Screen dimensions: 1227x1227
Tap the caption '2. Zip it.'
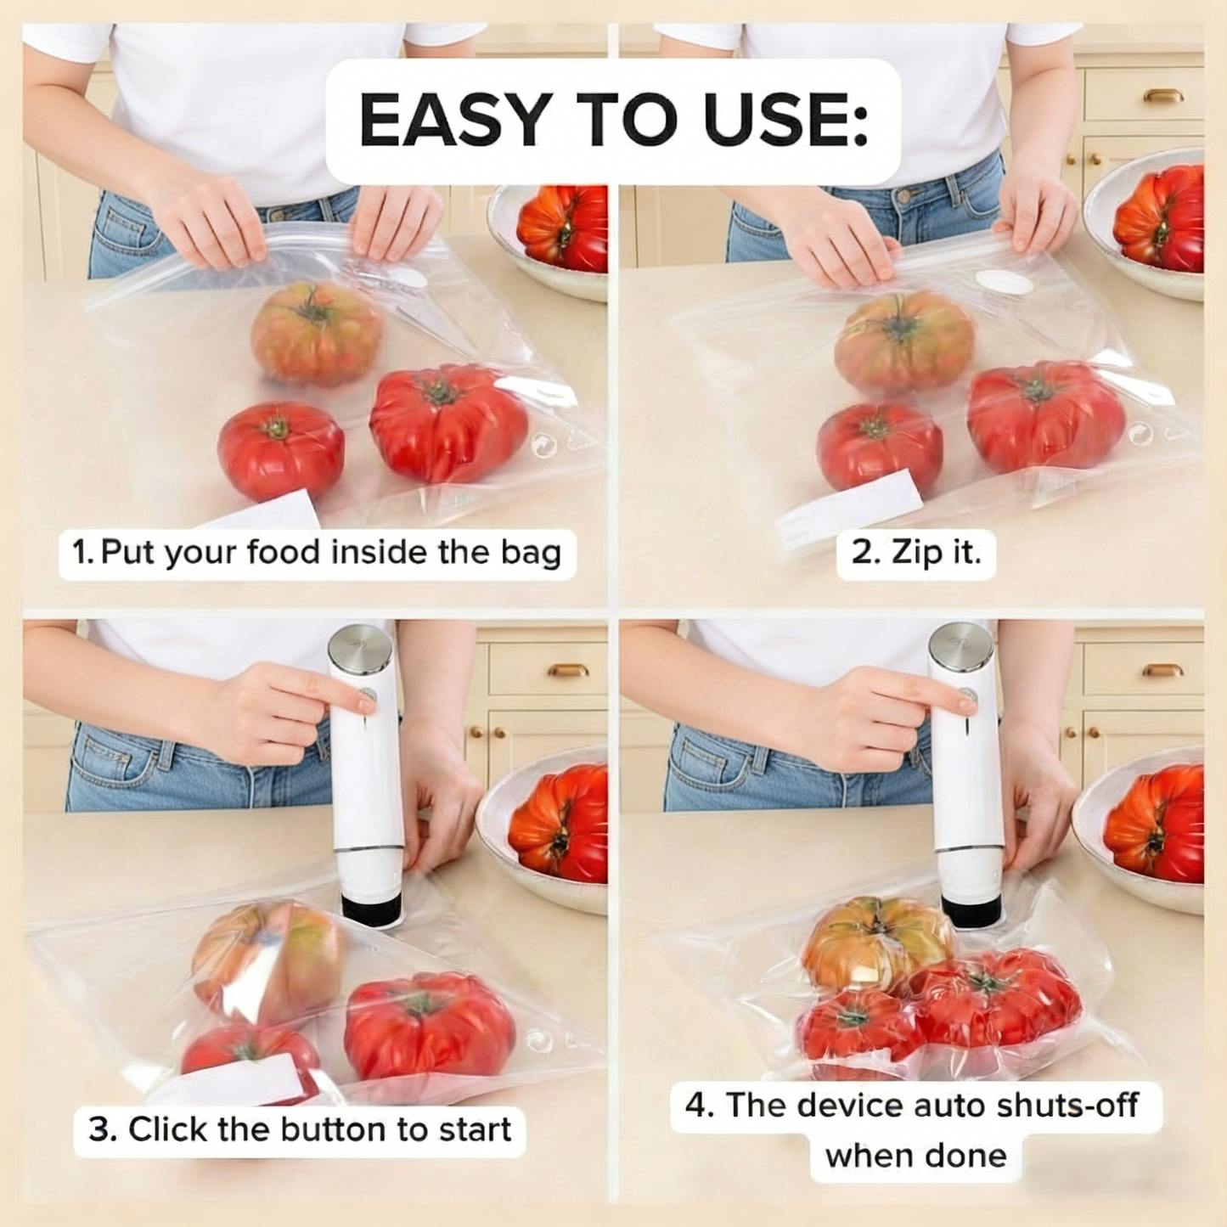915,553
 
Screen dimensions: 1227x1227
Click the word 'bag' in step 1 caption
531,553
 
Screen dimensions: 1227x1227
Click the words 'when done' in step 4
915,1156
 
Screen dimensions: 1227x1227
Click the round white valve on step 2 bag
1005,281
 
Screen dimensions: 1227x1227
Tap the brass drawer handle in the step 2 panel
1162,96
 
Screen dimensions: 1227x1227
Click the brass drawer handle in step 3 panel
567,670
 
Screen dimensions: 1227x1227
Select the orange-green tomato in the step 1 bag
316,333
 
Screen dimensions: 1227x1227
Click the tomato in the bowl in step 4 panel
1157,821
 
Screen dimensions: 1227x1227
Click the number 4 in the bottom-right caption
696,1106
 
